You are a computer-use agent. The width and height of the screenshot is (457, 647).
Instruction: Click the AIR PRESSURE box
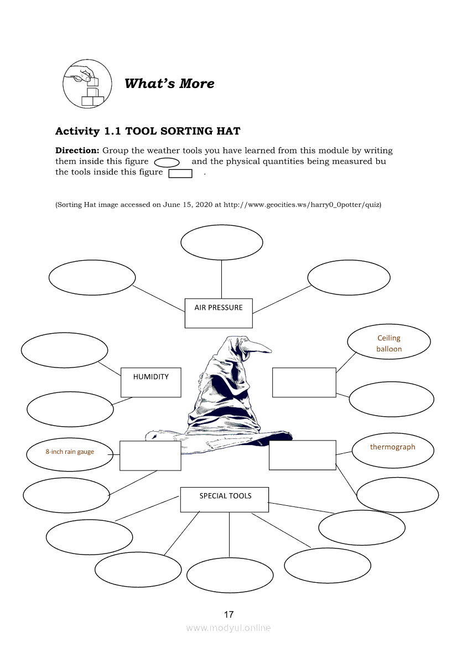click(x=218, y=313)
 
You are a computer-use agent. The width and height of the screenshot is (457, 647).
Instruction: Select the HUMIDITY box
click(x=150, y=382)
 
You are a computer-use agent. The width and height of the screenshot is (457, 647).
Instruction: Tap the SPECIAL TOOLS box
click(x=225, y=499)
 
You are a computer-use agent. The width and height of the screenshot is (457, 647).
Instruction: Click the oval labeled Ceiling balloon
click(x=389, y=343)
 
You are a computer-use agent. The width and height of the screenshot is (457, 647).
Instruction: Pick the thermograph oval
click(x=393, y=451)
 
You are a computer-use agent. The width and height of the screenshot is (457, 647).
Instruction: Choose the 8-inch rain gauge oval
click(x=70, y=454)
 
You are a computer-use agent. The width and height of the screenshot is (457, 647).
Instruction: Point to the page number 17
click(x=228, y=614)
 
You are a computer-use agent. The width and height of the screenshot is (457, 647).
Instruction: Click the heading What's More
click(x=169, y=84)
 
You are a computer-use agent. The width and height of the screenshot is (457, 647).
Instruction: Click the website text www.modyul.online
click(x=228, y=628)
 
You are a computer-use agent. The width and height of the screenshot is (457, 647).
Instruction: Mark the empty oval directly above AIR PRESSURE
click(x=221, y=242)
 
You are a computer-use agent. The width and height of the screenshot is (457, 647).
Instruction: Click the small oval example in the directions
click(x=167, y=162)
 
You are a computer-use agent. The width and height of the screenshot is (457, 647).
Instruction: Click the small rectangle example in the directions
click(x=180, y=173)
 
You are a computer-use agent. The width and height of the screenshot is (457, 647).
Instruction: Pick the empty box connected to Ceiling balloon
click(x=304, y=382)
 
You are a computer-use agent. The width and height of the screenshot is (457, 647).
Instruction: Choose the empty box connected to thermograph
click(x=302, y=455)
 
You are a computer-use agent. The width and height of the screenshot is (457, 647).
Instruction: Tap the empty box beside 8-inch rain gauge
click(x=150, y=456)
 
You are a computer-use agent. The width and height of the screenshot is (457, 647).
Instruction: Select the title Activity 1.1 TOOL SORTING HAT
click(x=148, y=131)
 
